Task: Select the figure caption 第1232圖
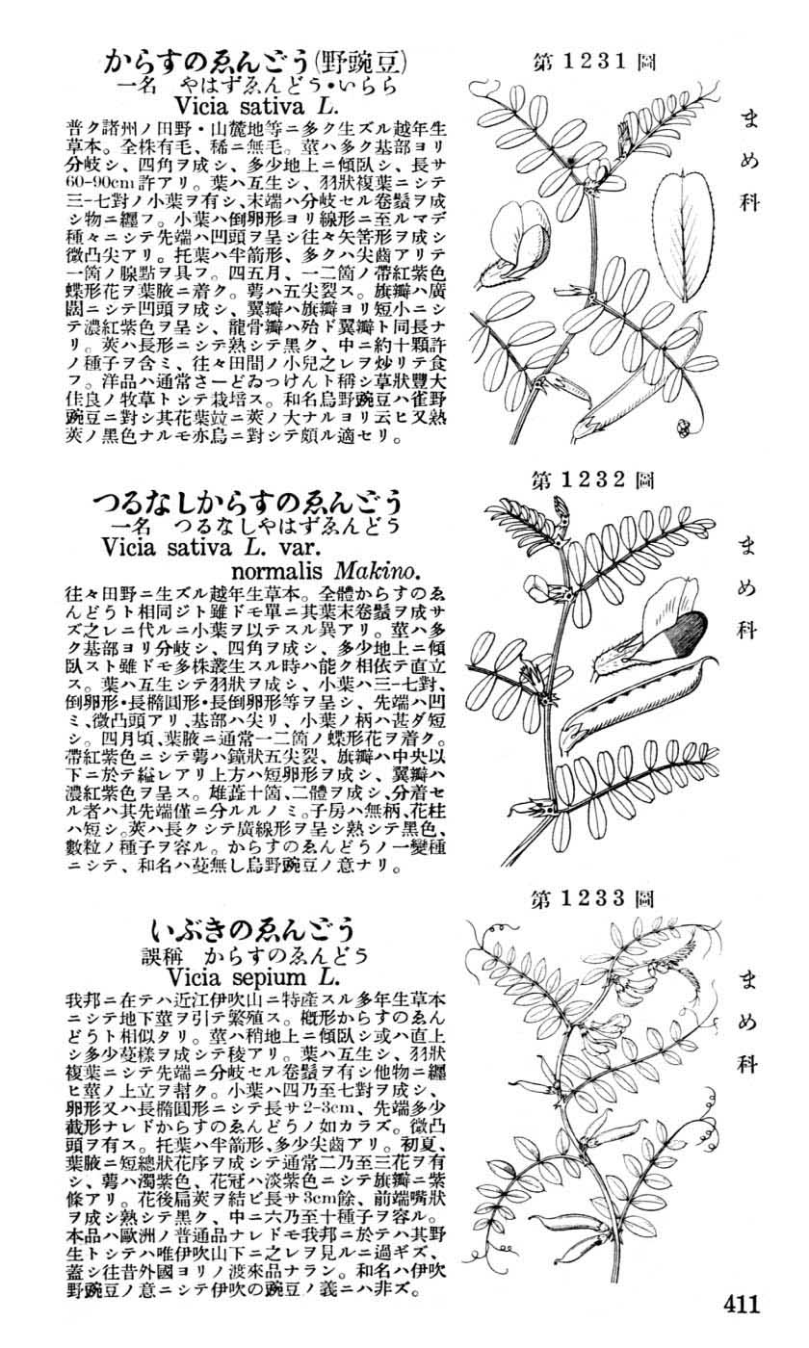[595, 479]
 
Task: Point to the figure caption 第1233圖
[595, 899]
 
